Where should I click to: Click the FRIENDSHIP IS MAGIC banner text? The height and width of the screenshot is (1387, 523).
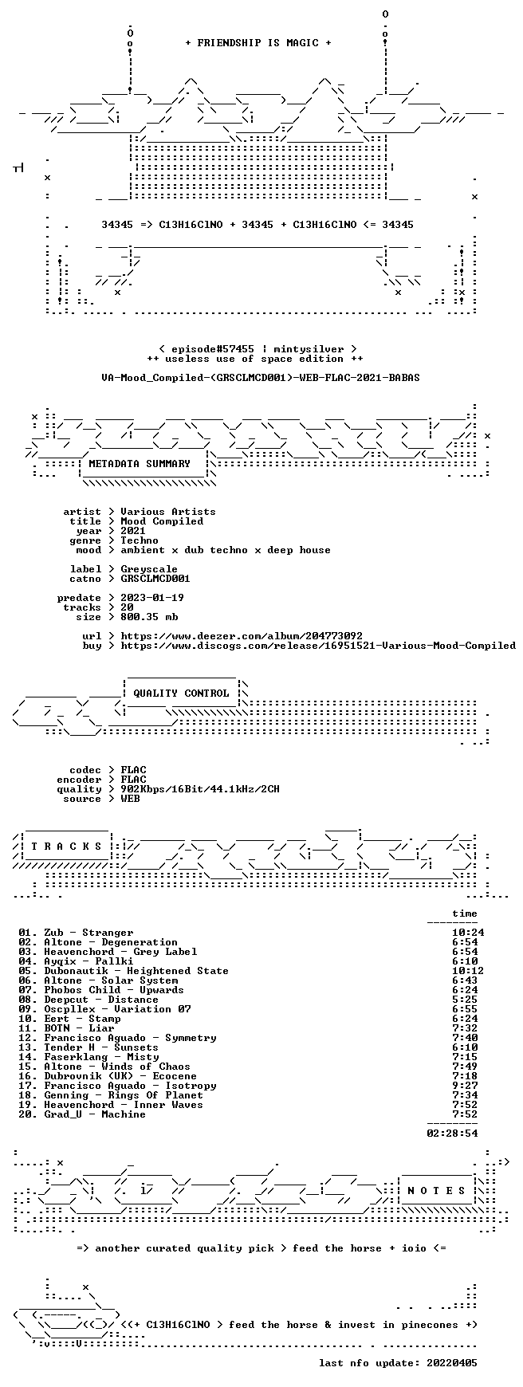coord(258,43)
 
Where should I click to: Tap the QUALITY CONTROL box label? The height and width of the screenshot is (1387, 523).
coord(181,693)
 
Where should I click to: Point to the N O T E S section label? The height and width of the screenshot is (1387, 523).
coord(436,1191)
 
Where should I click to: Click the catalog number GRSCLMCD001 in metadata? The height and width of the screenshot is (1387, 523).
coord(155,579)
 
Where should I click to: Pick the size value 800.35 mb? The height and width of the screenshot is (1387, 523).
coord(149,617)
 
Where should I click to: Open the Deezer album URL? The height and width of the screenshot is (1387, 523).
coord(242,636)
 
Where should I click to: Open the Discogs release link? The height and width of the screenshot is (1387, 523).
coord(318,646)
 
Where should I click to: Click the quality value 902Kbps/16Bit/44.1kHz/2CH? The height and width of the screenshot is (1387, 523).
coord(200,789)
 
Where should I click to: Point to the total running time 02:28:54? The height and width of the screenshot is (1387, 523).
coord(452,1134)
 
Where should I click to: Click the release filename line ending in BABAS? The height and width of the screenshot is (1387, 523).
coord(261,378)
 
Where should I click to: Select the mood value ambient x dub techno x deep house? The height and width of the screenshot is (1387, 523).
coord(226,550)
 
